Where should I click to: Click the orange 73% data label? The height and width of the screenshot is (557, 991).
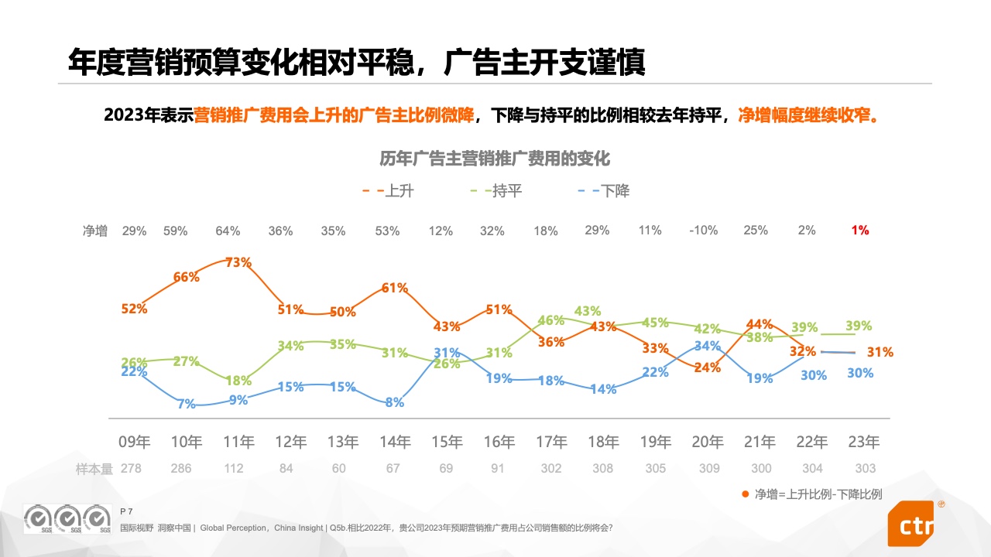pyautogui.click(x=238, y=262)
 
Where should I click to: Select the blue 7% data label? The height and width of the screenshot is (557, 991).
pyautogui.click(x=186, y=404)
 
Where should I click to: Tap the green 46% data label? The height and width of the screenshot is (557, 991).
pyautogui.click(x=550, y=320)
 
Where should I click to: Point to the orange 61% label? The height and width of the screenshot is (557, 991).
pyautogui.click(x=395, y=288)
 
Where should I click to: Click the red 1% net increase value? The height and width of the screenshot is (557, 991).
pyautogui.click(x=860, y=230)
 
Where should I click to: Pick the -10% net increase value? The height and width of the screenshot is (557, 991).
pyautogui.click(x=703, y=230)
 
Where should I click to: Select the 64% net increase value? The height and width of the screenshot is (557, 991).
pyautogui.click(x=228, y=231)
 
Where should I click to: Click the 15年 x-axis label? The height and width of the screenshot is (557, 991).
pyautogui.click(x=447, y=442)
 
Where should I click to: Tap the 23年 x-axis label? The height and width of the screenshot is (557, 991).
pyautogui.click(x=864, y=442)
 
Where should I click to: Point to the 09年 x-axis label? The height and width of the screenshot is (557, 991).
pyautogui.click(x=134, y=442)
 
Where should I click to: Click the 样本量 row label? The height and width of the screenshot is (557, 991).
pyautogui.click(x=94, y=468)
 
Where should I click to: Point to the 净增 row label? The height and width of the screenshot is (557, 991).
pyautogui.click(x=95, y=231)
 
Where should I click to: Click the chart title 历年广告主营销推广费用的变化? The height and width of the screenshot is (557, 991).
pyautogui.click(x=495, y=159)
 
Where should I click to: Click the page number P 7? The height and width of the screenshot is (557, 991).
pyautogui.click(x=127, y=511)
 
